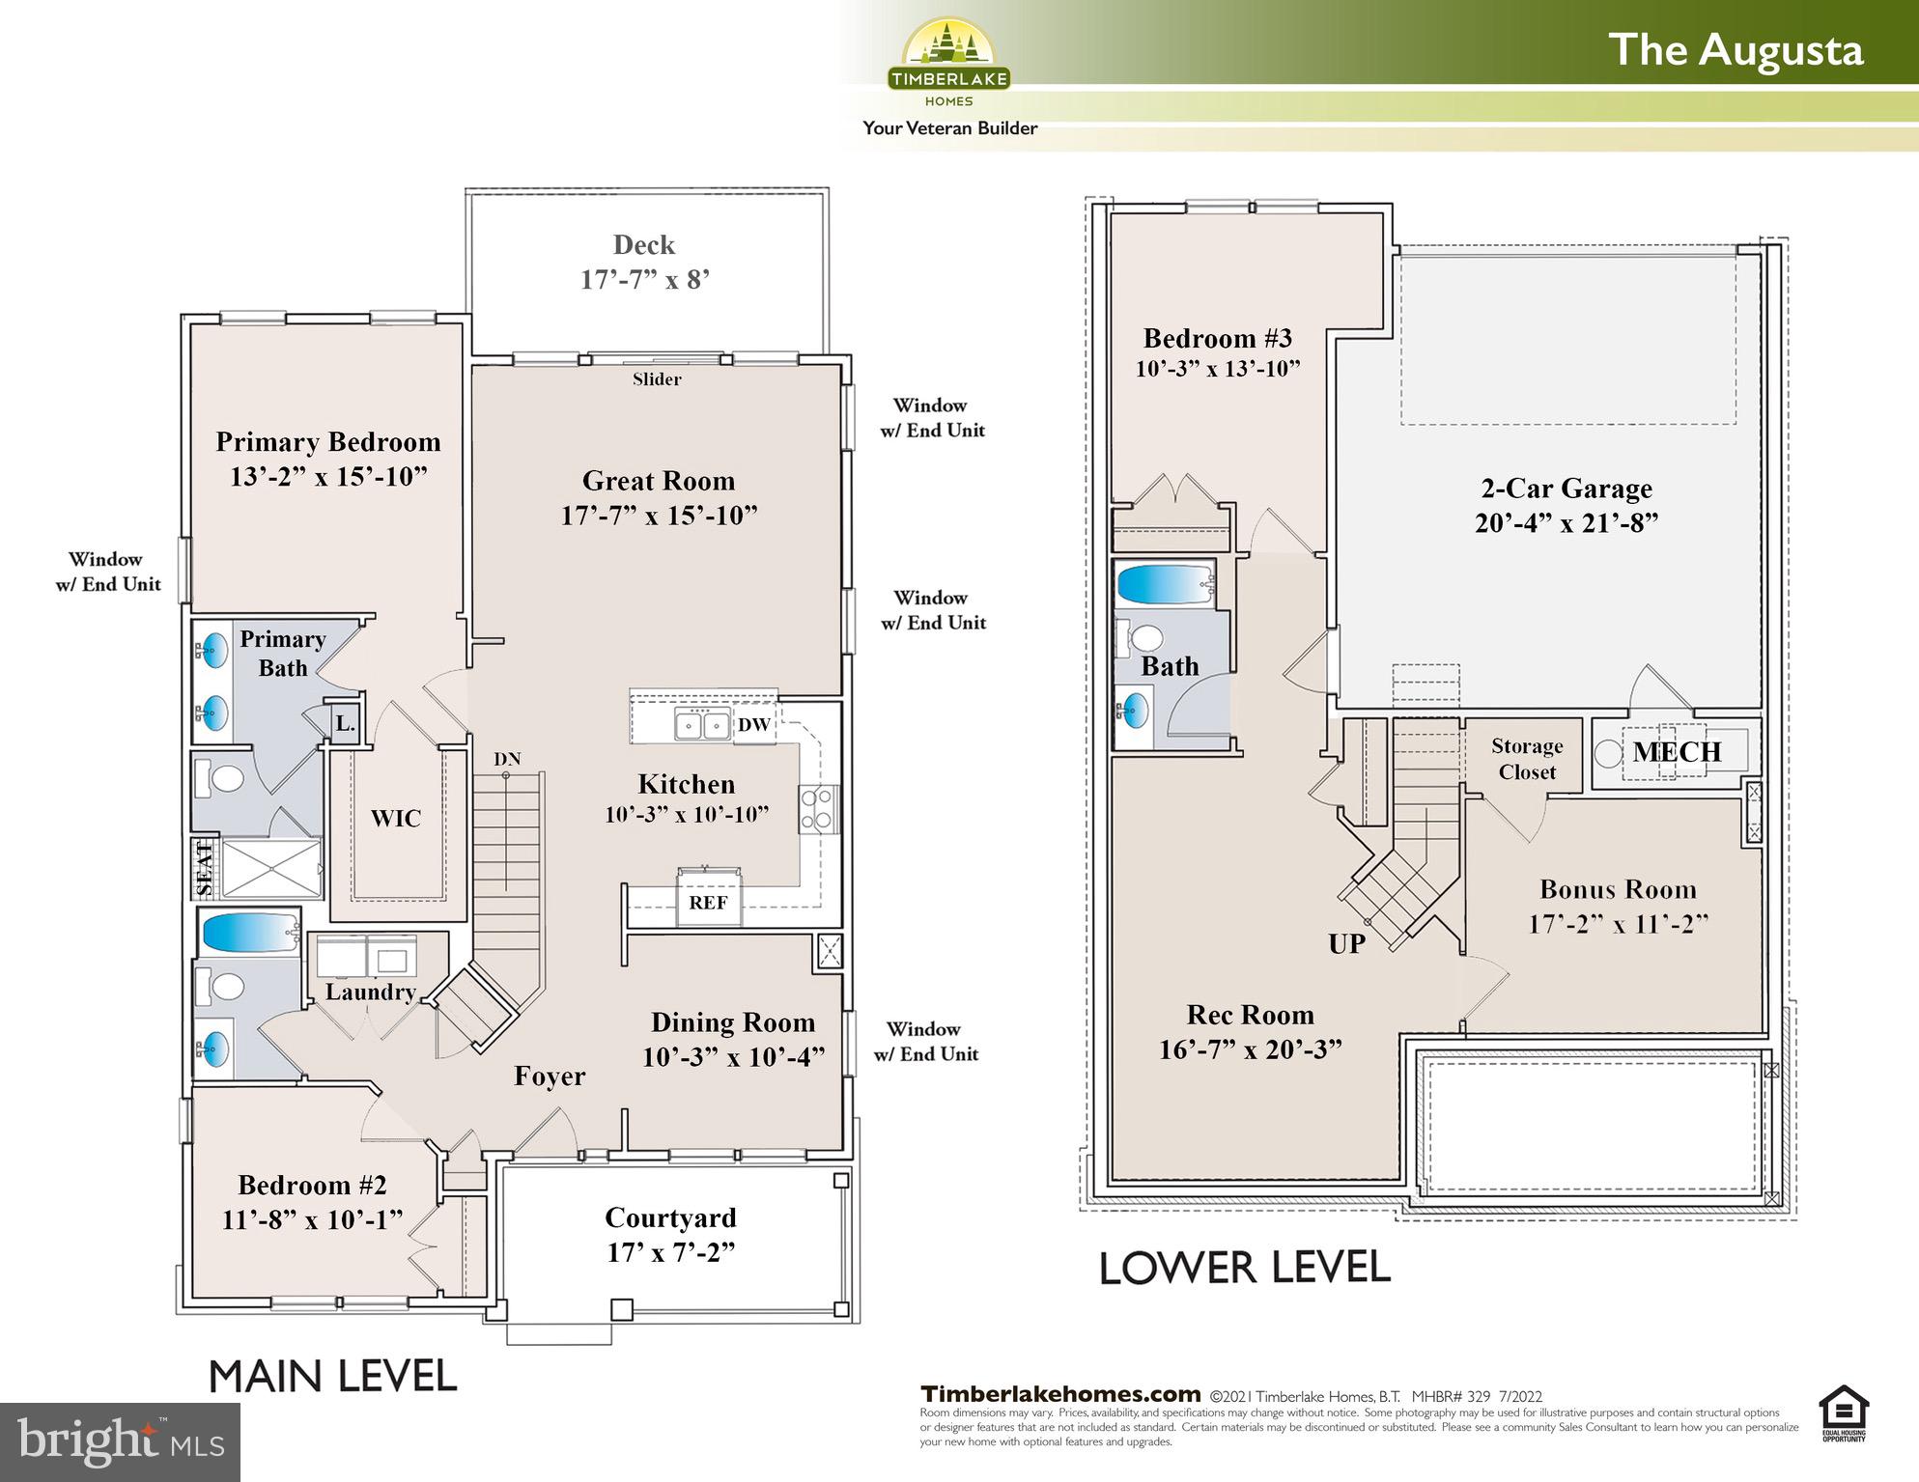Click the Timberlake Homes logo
[x=948, y=63]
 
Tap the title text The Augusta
[x=1735, y=50]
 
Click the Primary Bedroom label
[x=327, y=442]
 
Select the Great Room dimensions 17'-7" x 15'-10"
[x=659, y=516]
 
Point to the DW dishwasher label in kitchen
[x=753, y=725]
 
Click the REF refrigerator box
[x=708, y=902]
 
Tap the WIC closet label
[x=395, y=819]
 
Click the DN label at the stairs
[x=507, y=759]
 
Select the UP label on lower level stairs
[x=1346, y=944]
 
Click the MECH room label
[x=1677, y=752]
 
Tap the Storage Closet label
[x=1526, y=759]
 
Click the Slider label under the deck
[x=657, y=379]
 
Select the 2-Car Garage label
[x=1566, y=489]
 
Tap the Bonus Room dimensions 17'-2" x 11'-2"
[x=1618, y=924]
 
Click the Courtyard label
[x=670, y=1217]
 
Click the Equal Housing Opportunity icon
[x=1844, y=1413]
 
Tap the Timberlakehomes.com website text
[x=1059, y=1394]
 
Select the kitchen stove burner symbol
[x=817, y=809]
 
